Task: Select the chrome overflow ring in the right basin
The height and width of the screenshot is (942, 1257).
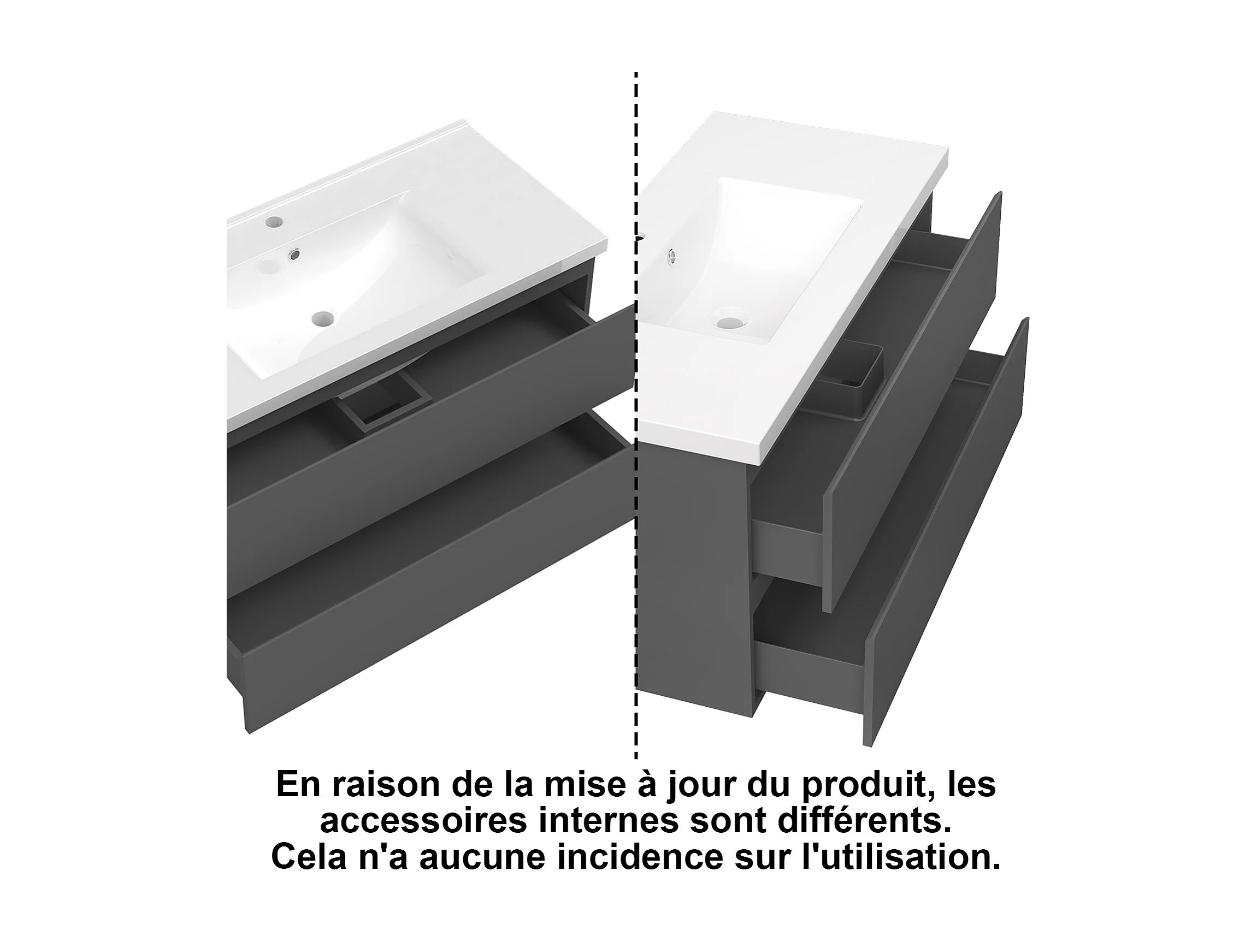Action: [x=671, y=257]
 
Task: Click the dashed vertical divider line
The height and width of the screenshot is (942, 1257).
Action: [x=635, y=414]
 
